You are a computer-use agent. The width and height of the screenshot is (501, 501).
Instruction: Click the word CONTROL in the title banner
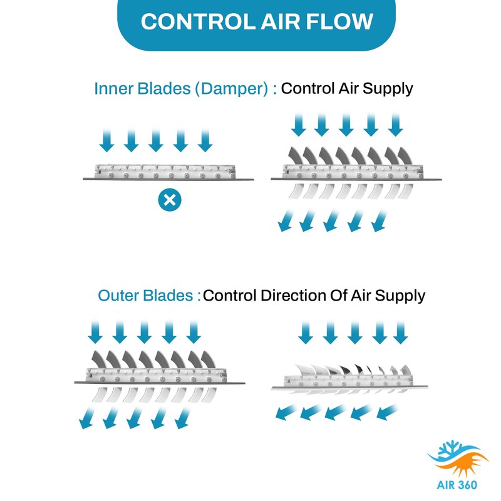tap(185, 22)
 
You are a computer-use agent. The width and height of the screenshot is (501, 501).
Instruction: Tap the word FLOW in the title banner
tap(339, 22)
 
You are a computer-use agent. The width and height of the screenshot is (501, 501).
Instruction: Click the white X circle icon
tap(168, 200)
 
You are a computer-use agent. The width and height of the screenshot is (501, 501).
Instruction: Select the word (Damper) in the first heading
tap(232, 88)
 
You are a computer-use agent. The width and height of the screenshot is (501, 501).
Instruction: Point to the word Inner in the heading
tap(112, 88)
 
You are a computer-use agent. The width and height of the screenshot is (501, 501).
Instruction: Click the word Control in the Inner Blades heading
tap(306, 88)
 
